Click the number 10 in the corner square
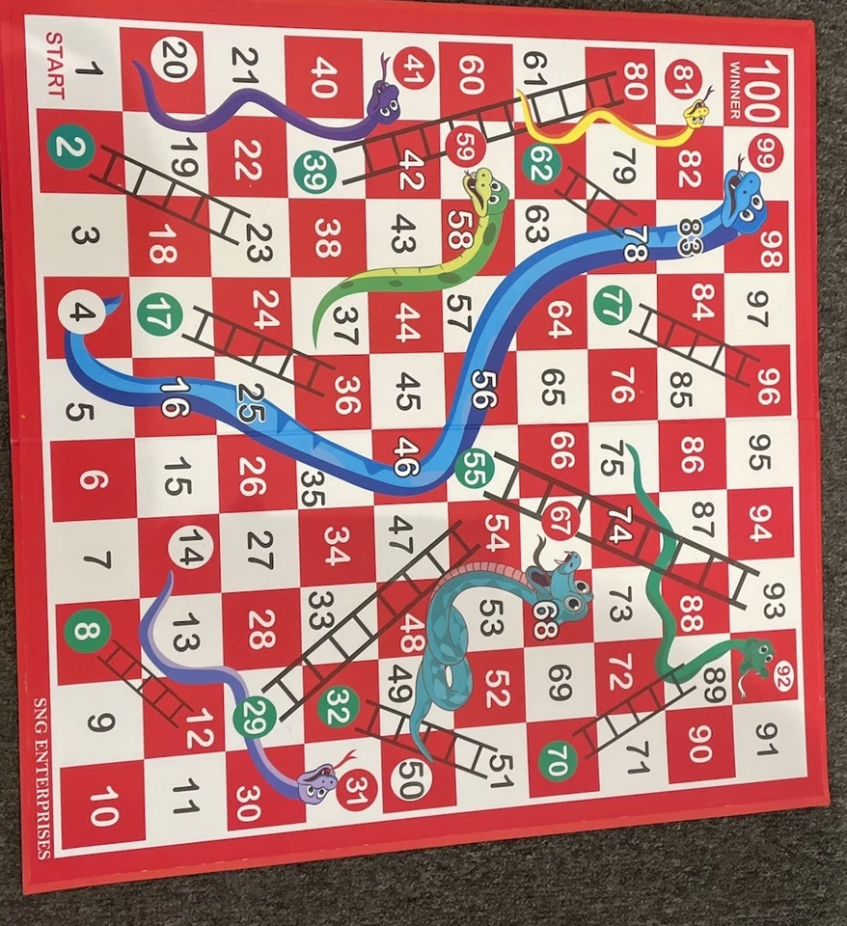tap(101, 804)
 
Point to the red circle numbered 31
tap(360, 790)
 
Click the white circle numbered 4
tap(82, 313)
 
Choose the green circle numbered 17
tap(159, 314)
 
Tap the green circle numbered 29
tap(259, 714)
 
